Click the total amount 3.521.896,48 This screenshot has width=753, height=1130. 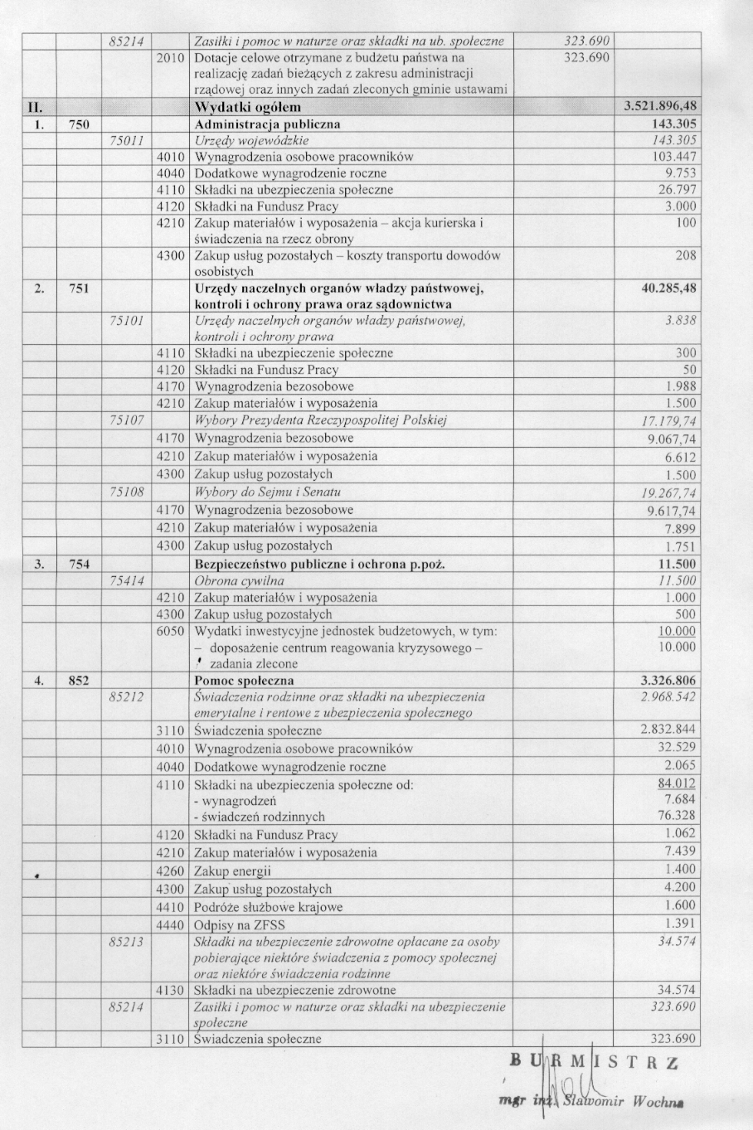[659, 107]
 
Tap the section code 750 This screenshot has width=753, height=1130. [79, 124]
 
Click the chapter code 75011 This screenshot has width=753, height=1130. [127, 140]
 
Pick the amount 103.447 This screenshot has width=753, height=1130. [674, 157]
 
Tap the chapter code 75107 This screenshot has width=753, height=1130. [127, 420]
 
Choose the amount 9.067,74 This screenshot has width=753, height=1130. [671, 439]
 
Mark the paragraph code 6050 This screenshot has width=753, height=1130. [170, 631]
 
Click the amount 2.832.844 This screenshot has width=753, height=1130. [668, 730]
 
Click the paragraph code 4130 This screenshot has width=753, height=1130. [170, 990]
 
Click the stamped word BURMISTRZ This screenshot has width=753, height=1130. [594, 1064]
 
